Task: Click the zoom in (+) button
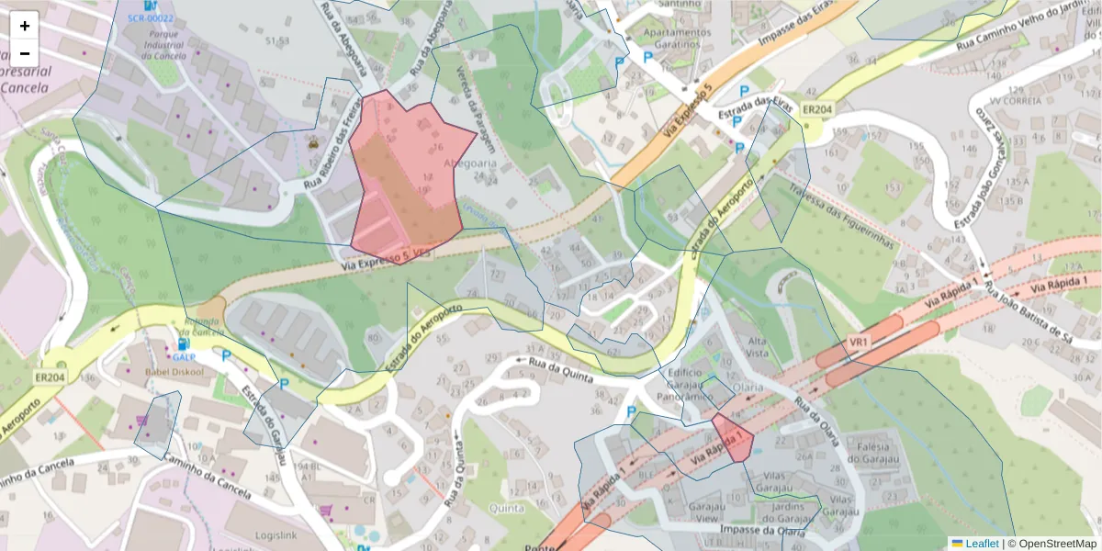[x=25, y=26]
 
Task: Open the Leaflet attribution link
[x=981, y=544]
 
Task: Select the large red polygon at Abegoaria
[x=404, y=184]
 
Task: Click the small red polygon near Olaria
[x=733, y=437]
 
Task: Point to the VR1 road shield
[x=860, y=342]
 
